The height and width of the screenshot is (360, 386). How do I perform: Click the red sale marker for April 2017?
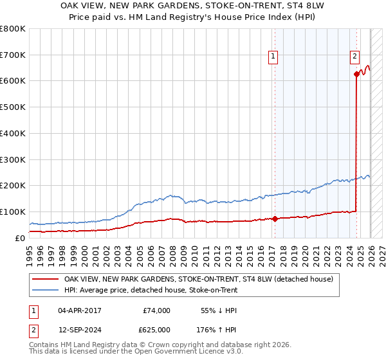(x=275, y=219)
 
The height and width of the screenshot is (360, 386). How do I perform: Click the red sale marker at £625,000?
(x=356, y=74)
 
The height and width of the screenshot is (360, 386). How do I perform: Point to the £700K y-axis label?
(x=13, y=55)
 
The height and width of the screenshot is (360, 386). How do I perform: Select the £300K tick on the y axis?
(x=13, y=159)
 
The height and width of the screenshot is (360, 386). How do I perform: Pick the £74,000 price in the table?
(x=156, y=310)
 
